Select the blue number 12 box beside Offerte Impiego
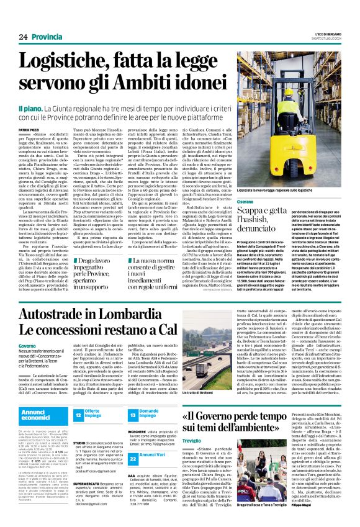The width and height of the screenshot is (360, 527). click(78, 414)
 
